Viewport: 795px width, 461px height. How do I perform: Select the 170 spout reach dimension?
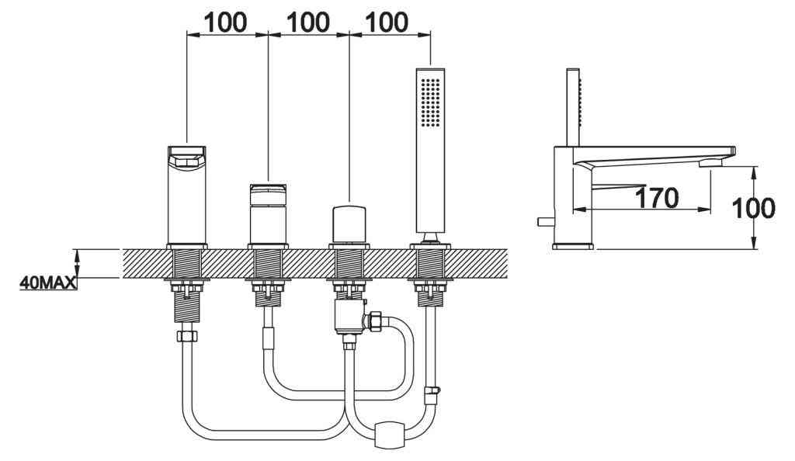click(x=656, y=199)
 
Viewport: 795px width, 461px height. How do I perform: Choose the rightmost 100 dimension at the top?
click(x=387, y=23)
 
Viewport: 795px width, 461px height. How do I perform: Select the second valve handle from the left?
click(x=267, y=213)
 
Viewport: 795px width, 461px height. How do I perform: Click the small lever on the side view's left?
click(x=544, y=222)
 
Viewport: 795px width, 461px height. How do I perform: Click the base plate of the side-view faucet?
click(x=573, y=246)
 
